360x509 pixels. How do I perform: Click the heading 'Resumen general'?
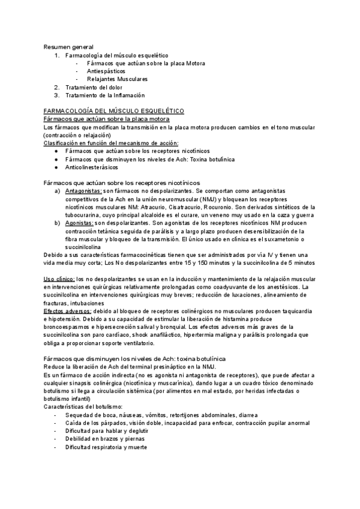68,46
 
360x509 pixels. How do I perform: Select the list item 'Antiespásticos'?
106,71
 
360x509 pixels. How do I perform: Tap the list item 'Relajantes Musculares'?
117,79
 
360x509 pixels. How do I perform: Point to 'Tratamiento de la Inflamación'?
105,95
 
